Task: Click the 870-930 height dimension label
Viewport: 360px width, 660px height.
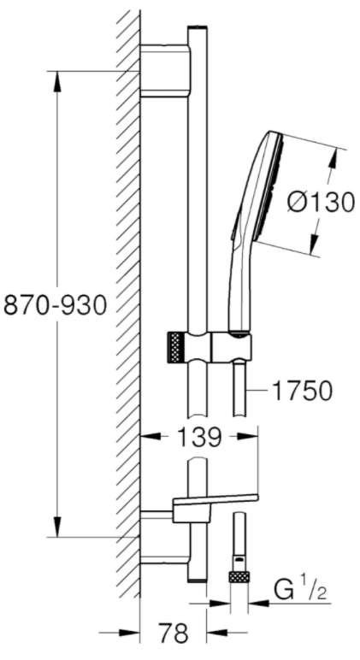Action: coord(55,305)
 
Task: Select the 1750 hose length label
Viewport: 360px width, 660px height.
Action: coord(303,392)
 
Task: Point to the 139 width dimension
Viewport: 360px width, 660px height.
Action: coord(198,438)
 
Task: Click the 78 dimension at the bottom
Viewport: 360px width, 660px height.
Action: coord(174,633)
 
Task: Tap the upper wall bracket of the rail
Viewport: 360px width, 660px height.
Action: coord(165,71)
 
